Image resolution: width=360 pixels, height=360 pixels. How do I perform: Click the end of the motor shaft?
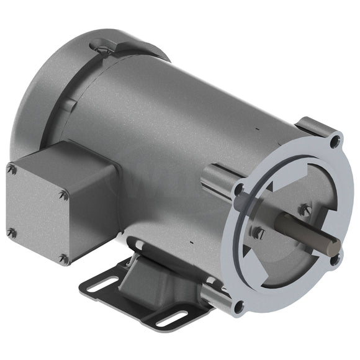(334, 246)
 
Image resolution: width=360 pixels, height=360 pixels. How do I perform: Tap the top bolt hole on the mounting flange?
(335, 142)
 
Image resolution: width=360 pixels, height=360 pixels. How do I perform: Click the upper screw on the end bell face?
(304, 210)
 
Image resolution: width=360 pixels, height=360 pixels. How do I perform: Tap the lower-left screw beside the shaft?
(259, 234)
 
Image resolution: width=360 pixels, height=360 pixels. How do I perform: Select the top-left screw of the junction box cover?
(11, 168)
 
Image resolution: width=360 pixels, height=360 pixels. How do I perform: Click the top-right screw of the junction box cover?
(63, 195)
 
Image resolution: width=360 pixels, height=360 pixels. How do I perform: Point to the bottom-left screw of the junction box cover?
(11, 233)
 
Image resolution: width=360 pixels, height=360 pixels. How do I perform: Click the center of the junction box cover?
(37, 214)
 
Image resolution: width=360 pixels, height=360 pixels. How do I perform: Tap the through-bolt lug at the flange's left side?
(217, 176)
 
